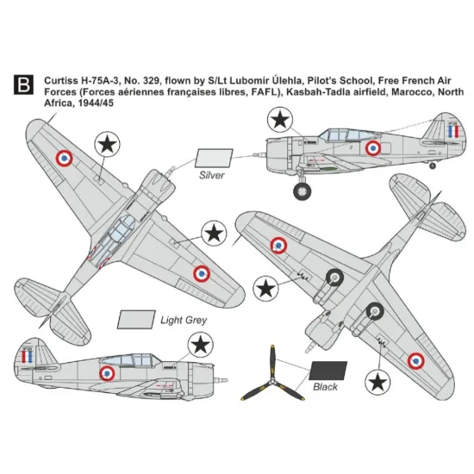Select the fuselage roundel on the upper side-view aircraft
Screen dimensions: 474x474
pos(373,148)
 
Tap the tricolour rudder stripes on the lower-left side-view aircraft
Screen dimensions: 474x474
pos(28,354)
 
